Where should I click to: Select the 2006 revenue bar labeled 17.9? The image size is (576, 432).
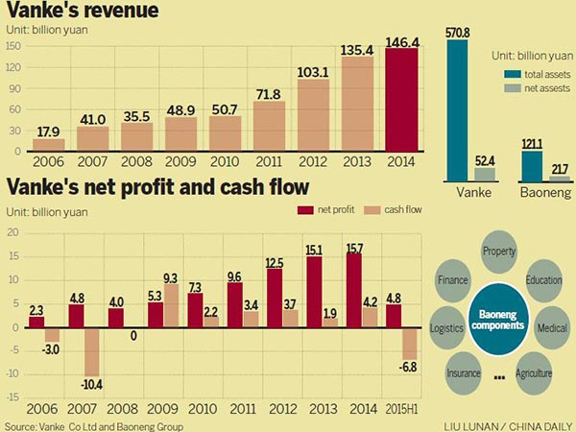click(48, 144)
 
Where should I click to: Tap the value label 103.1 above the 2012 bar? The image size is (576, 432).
click(315, 71)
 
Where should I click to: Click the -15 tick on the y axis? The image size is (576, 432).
click(12, 396)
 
